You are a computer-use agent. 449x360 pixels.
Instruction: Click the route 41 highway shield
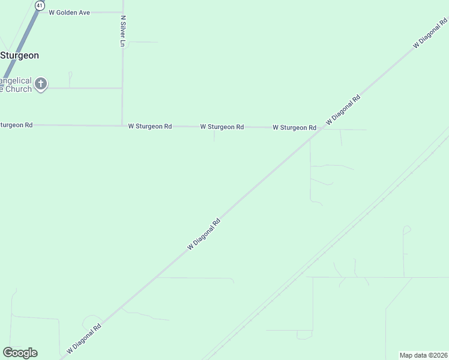[x=40, y=5]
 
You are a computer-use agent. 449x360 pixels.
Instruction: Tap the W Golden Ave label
[x=69, y=12]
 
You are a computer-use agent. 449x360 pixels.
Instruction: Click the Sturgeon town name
[x=20, y=55]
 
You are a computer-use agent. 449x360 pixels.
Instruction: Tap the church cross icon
[x=41, y=83]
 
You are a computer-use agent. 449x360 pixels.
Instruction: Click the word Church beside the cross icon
[x=16, y=89]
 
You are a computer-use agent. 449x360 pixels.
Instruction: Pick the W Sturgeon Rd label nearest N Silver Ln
[x=150, y=127]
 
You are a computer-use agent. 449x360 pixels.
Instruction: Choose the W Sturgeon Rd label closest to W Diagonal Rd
[x=294, y=128]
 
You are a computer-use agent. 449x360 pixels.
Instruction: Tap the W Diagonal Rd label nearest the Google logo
[x=84, y=338]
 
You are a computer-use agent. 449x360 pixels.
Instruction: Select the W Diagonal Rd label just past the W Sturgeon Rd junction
[x=343, y=110]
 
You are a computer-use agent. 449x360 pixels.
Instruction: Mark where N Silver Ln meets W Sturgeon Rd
[x=122, y=126]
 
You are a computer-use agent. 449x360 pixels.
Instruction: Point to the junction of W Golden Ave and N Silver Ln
[x=122, y=12]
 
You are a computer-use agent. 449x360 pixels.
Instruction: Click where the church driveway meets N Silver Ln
[x=122, y=88]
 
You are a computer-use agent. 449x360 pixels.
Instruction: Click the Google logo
[x=20, y=353]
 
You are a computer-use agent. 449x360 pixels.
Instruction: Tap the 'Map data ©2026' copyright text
[x=424, y=355]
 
